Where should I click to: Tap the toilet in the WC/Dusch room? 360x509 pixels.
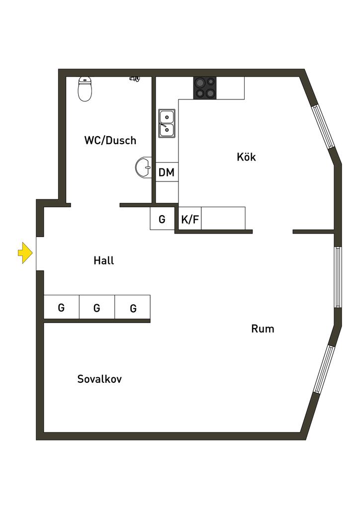pos(86,89)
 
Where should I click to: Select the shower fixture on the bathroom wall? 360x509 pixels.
pos(135,79)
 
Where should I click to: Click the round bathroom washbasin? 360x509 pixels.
pos(144,168)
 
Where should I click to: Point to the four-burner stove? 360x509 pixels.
pos(205,87)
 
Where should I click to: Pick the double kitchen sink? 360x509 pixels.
pos(167,123)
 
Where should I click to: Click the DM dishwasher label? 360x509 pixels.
pos(167,172)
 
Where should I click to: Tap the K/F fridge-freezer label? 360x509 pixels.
pos(189,219)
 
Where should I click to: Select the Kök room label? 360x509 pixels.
pos(246,157)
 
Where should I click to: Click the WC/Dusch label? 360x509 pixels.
pos(110,141)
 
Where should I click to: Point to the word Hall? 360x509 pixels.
pos(103,260)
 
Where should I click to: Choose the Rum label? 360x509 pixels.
pos(263,329)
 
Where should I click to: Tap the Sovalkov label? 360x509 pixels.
pos(99,379)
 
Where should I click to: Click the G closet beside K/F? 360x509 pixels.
pos(162,219)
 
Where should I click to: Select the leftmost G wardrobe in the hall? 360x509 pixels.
pos(61,308)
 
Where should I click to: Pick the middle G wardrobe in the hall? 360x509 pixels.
pos(97,308)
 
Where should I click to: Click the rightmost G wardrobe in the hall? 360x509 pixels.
pos(133,308)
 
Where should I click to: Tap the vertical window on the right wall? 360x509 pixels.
pos(338,277)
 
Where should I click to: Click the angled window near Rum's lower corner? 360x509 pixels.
pos(324,369)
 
